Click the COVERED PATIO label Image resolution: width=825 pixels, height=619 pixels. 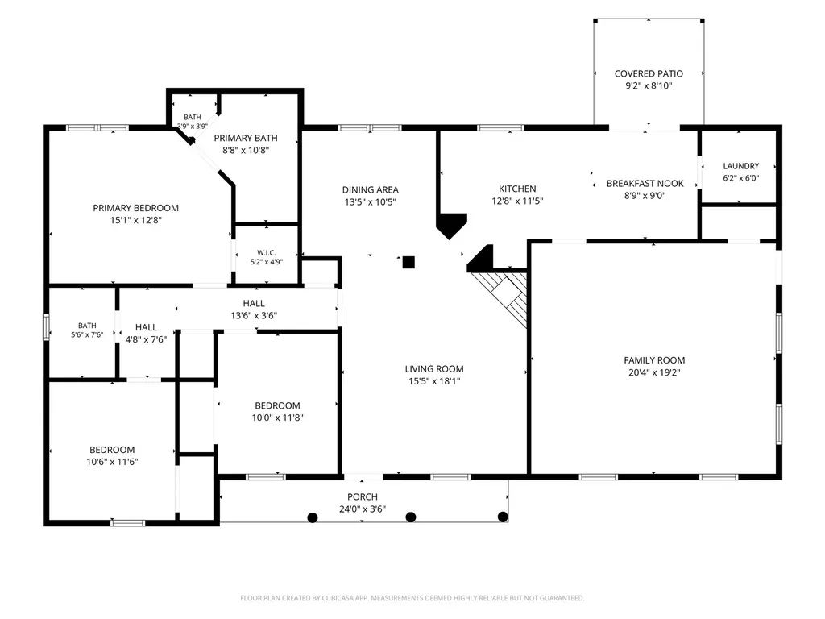(x=649, y=73)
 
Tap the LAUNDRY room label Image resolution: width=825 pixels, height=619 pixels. (x=741, y=166)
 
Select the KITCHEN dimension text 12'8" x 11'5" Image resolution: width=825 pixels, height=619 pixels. (x=517, y=201)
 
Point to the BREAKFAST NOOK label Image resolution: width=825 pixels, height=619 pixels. (x=645, y=183)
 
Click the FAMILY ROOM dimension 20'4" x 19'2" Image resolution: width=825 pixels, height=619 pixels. (x=654, y=372)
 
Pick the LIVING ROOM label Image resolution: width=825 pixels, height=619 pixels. (x=434, y=369)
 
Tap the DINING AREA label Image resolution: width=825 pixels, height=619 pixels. (x=371, y=189)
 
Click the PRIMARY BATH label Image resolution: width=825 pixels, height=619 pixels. (x=246, y=138)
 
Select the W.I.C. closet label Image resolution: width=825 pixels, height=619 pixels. (x=266, y=252)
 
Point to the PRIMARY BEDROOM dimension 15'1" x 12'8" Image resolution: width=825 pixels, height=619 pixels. (x=135, y=220)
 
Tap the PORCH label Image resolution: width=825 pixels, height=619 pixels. (x=363, y=496)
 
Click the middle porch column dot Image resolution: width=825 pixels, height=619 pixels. (x=411, y=517)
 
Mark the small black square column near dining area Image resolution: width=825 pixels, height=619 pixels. (x=408, y=262)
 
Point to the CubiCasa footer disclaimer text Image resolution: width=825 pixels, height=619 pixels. (x=412, y=598)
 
